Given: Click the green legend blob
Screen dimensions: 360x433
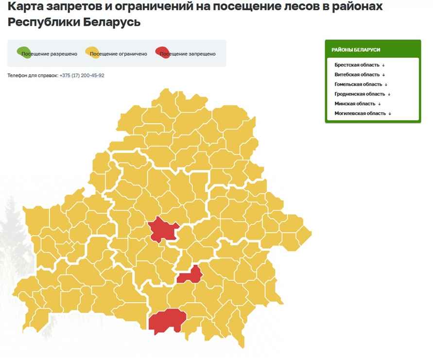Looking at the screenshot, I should [22, 51].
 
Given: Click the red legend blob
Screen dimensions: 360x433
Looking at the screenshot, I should [161, 51].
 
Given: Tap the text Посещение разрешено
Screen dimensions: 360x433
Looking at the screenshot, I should [50, 54].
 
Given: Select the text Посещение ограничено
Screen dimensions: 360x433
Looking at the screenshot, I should [119, 54].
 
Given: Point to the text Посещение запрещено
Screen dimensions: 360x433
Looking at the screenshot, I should [188, 54].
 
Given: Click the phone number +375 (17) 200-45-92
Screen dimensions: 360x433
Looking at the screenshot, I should [82, 75].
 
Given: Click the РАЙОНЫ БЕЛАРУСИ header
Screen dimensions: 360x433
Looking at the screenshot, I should [356, 50].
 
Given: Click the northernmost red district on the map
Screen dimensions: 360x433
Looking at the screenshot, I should [163, 229].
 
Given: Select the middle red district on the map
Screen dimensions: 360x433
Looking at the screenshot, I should [191, 275].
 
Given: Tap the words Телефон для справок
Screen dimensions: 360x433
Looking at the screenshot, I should [33, 75].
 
